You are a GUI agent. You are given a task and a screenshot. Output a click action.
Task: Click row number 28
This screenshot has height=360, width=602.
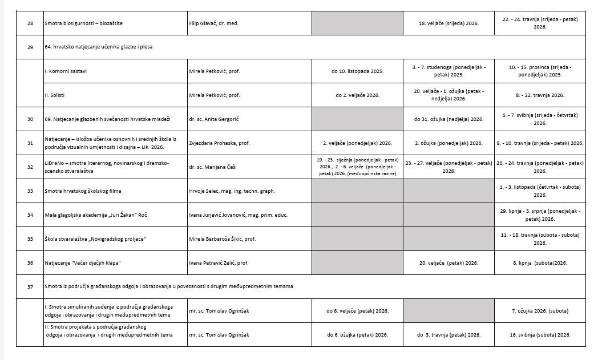[x=30, y=23]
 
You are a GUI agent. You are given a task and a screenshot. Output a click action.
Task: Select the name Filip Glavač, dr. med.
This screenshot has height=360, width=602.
[x=213, y=23]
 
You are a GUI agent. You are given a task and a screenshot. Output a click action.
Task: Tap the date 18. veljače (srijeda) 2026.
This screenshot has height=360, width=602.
[x=449, y=23]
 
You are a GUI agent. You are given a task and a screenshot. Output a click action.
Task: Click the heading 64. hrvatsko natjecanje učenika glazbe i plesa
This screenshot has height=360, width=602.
[x=99, y=47]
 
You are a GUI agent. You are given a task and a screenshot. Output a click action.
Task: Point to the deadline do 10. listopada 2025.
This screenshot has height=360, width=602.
[x=357, y=71]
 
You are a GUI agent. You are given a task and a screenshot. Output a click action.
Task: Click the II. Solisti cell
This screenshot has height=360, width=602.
[x=58, y=95]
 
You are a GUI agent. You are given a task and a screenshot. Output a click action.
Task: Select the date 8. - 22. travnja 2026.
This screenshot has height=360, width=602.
[x=540, y=95]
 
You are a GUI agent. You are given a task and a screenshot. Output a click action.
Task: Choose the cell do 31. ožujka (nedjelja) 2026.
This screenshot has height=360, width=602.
[x=449, y=119]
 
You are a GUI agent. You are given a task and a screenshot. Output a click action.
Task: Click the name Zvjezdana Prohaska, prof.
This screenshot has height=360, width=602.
[x=219, y=143]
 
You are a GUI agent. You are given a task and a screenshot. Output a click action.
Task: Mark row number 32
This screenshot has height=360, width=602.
[x=30, y=167]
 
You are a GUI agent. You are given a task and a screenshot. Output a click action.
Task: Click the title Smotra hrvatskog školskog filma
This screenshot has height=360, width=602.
[x=83, y=191]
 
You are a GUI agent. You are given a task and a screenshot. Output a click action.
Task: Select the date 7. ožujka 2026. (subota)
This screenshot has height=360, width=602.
[x=540, y=311]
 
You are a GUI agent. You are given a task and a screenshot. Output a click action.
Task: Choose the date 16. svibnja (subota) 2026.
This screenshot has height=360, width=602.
[x=540, y=334]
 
